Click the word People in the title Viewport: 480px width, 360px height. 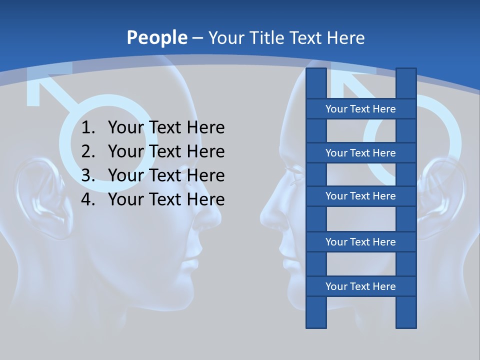tap(156, 37)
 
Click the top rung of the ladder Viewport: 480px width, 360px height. tap(360, 109)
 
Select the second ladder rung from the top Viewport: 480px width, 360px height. tap(360, 153)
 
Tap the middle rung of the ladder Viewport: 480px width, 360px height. tap(360, 196)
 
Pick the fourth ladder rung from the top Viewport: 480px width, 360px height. tap(360, 242)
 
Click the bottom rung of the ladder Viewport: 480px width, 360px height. tap(360, 286)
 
